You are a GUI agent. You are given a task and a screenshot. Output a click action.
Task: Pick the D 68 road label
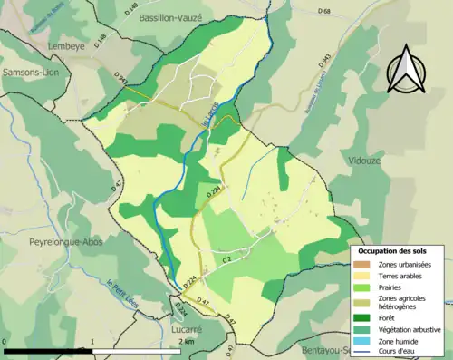point(325,12)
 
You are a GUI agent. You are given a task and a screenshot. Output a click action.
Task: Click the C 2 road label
point(228,260)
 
